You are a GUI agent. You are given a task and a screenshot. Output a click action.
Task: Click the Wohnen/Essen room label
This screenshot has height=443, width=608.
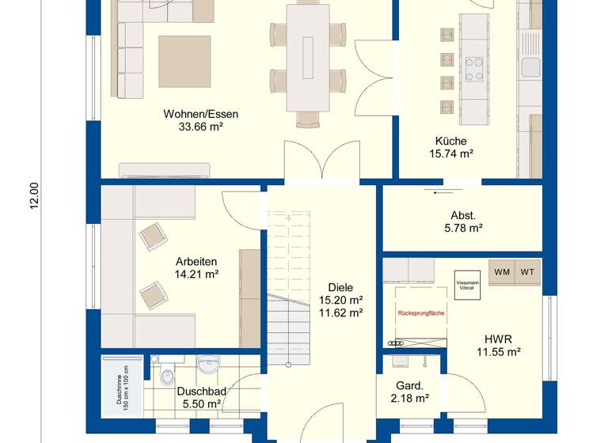click(x=200, y=114)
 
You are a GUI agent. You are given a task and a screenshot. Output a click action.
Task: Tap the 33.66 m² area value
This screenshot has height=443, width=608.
click(x=200, y=127)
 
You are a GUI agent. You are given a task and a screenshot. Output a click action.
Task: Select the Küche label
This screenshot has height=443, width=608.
click(x=450, y=141)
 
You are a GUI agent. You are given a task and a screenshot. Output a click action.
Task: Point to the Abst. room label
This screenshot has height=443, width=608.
click(x=463, y=215)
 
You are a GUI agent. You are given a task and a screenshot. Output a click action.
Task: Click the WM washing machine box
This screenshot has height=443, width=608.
click(x=502, y=272)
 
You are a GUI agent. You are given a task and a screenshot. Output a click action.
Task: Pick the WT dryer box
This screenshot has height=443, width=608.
click(x=529, y=272)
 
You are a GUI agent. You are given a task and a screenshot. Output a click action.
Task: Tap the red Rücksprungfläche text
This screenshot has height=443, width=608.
click(x=420, y=313)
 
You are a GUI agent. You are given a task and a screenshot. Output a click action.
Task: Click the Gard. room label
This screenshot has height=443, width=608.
click(x=411, y=386)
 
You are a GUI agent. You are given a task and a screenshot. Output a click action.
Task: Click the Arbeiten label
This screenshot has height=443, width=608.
click(x=196, y=262)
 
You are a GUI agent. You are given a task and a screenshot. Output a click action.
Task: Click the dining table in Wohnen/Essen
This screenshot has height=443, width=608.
click(x=307, y=59)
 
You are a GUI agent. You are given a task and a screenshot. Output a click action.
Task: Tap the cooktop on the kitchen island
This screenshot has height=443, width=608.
click(x=476, y=68)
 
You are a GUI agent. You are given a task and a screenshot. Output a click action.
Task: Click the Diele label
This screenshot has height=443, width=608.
click(x=340, y=288)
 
